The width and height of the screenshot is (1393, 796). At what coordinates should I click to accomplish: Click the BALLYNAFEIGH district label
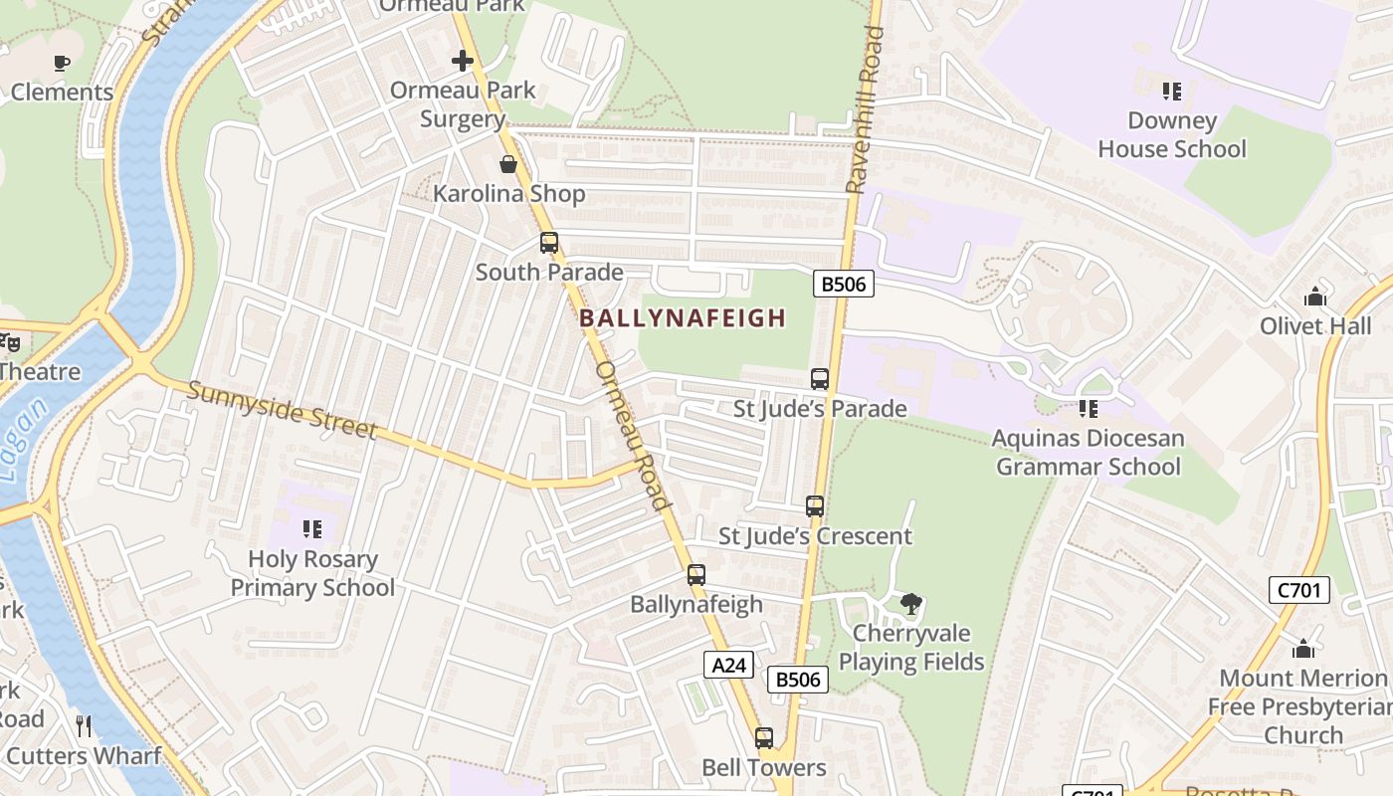683,318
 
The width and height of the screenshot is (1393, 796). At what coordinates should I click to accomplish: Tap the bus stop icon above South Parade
548,242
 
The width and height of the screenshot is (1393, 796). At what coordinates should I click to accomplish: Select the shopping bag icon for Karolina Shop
508,163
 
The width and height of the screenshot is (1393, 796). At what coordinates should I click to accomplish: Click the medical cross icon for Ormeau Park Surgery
463,61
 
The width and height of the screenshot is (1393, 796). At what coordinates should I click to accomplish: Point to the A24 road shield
728,665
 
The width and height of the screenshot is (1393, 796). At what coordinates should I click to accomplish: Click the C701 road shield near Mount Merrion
1300,590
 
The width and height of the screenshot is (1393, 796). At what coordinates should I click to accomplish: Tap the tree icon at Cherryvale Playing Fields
910,603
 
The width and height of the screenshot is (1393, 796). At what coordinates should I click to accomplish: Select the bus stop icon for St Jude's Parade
820,379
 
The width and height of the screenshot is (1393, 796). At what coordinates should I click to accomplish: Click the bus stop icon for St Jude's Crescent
815,506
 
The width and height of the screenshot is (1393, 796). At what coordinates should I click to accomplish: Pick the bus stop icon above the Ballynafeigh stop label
696,574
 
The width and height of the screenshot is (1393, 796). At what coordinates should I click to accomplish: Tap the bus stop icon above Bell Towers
764,738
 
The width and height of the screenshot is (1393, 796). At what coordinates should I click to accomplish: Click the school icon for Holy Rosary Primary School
312,529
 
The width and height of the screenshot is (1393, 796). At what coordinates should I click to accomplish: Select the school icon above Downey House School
1172,92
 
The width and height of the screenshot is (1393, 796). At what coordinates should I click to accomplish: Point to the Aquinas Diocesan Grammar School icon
1089,409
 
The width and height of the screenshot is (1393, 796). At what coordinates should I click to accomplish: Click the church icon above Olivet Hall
1315,297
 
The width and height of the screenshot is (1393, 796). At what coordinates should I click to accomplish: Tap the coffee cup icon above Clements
62,64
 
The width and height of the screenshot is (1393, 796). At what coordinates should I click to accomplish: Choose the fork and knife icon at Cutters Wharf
84,726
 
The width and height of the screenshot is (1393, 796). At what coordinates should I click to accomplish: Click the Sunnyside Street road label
283,410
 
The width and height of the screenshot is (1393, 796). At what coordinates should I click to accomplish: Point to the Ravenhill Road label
865,109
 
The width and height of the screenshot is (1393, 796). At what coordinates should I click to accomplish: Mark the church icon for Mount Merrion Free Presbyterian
1303,650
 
